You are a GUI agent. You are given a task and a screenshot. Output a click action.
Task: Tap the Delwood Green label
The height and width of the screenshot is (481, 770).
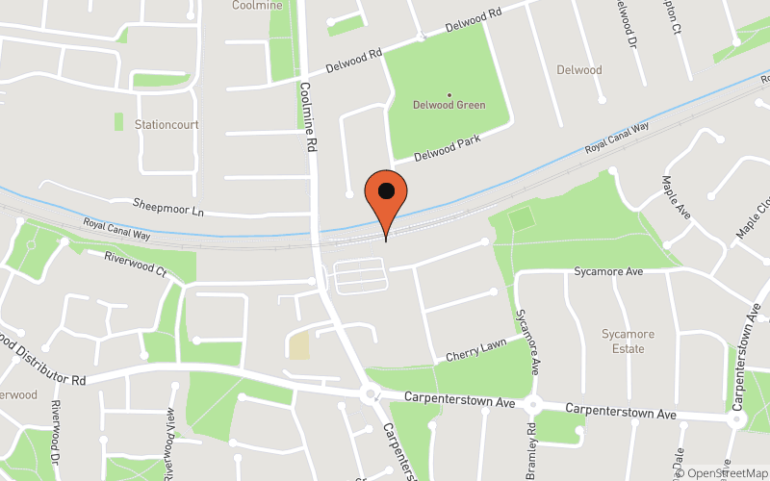449,105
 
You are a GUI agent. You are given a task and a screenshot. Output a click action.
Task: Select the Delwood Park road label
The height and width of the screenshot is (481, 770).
447,149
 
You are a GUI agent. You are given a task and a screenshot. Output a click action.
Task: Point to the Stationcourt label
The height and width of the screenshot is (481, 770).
166,124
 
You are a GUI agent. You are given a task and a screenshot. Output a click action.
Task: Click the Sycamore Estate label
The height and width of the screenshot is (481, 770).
628,342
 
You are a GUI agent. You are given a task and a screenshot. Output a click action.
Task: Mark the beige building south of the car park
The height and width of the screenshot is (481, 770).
299,345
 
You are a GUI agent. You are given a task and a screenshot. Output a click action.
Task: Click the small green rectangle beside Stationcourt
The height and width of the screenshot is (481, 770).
118,122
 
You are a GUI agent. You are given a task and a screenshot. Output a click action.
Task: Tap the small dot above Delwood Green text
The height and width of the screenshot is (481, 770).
449,94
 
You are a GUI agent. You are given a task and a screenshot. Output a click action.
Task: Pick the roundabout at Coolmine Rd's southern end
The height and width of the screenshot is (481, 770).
371,394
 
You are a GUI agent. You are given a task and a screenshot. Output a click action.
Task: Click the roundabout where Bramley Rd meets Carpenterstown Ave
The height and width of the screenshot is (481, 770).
535,406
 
